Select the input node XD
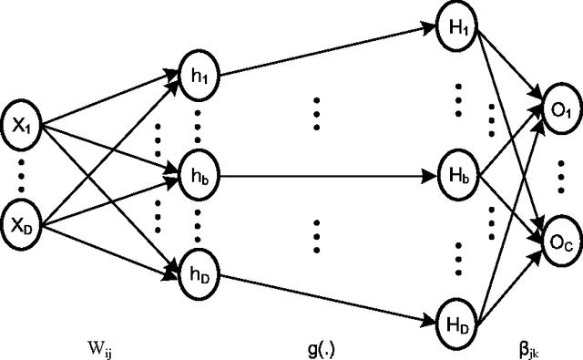[25, 221]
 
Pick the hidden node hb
[197, 174]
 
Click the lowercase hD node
[197, 269]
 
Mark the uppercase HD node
[455, 321]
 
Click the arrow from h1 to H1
[323, 49]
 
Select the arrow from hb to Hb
[323, 173]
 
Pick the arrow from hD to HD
[323, 295]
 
